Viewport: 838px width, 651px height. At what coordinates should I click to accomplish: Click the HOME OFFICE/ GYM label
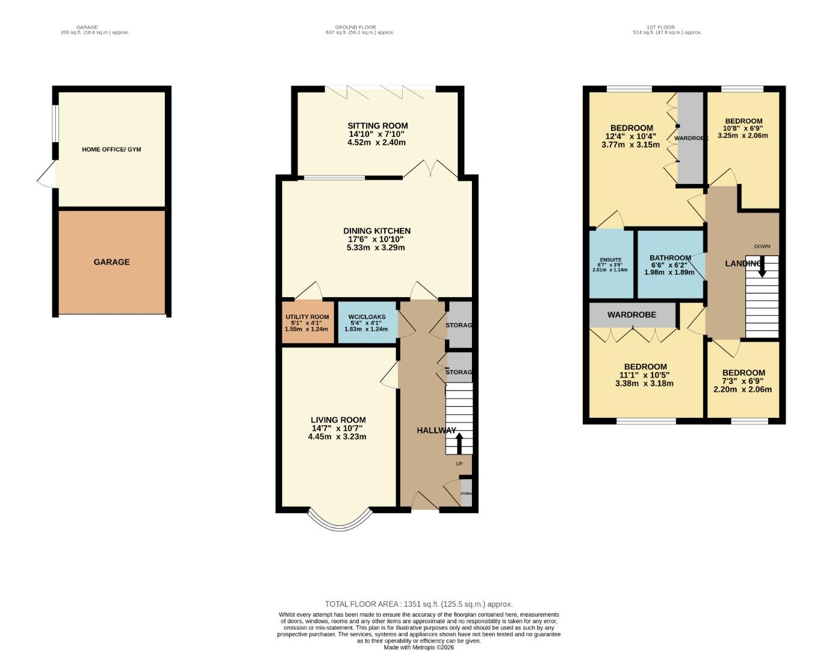tap(111, 149)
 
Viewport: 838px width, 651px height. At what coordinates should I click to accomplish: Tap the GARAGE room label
tap(111, 262)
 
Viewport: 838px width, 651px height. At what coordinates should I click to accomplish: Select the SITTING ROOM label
tap(377, 126)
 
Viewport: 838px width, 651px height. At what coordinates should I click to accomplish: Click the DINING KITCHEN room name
tap(377, 231)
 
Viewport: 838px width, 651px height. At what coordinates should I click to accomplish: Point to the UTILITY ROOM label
tap(307, 317)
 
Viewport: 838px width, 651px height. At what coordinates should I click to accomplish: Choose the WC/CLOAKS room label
tap(367, 317)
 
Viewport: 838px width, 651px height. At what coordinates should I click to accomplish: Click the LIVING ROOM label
tap(338, 420)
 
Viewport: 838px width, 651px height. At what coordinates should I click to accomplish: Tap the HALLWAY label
tap(436, 430)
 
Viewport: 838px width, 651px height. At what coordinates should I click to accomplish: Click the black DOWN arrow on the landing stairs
tap(762, 267)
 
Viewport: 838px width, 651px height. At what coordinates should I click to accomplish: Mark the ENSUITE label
tap(610, 260)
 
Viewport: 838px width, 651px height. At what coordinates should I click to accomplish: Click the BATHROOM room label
tap(670, 258)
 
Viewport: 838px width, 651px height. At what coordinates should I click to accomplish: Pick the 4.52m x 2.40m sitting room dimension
tap(376, 143)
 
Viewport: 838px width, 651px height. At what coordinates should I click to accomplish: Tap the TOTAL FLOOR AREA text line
tap(418, 604)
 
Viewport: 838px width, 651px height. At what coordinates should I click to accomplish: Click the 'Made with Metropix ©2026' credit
tap(418, 647)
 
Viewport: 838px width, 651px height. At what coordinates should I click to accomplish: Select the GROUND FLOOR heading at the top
tap(355, 27)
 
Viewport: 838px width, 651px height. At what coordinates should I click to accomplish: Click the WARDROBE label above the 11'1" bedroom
tap(632, 315)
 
